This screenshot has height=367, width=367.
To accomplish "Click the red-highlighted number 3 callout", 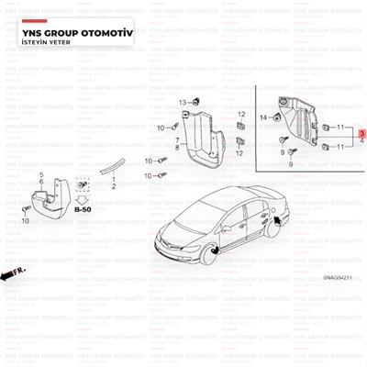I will click(x=361, y=133).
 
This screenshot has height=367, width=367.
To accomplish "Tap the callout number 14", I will click(x=263, y=118).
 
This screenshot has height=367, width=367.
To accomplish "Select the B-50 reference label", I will click(x=83, y=209).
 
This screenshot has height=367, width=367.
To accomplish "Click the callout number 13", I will click(x=183, y=100).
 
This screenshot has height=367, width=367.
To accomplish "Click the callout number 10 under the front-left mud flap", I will click(x=27, y=220).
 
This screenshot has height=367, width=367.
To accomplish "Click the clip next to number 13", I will click(x=195, y=101).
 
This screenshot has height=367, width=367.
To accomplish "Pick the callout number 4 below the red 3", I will click(x=361, y=141).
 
